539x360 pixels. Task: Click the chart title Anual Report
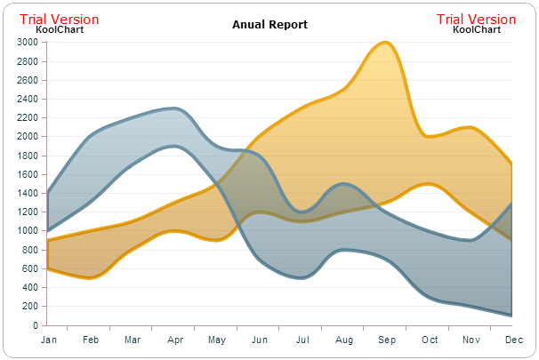[269, 25]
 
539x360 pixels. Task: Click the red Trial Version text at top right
[476, 20]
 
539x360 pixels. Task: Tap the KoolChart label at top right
[476, 29]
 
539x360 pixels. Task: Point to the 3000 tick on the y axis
[27, 42]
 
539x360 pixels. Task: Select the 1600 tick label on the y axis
[27, 174]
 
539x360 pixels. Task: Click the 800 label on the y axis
[29, 250]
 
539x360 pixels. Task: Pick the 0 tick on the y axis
[35, 325]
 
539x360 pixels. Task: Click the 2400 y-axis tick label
[27, 99]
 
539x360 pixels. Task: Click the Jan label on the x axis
[49, 340]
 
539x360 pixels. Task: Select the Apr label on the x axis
[175, 340]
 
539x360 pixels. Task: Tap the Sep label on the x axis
[386, 340]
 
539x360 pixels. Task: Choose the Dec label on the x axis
[513, 340]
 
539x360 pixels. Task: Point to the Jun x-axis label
[260, 340]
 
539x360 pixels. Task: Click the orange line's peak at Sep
[385, 42]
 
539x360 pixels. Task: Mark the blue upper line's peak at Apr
[176, 108]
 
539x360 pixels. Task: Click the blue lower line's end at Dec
[512, 316]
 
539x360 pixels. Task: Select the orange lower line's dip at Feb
[91, 278]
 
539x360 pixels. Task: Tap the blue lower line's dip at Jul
[302, 277]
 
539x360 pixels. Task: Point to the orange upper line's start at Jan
[47, 241]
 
